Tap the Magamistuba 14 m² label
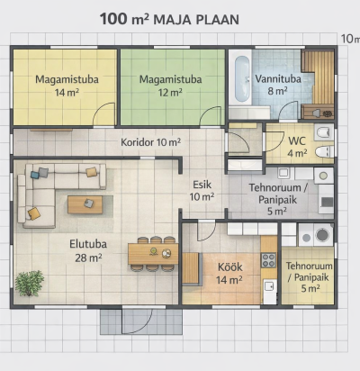[x=67, y=86]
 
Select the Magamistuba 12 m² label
[x=170, y=86]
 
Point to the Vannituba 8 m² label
[x=278, y=85]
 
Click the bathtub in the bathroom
[x=242, y=79]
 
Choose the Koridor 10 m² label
[x=150, y=142]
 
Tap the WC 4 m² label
[x=297, y=147]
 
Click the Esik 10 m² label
[x=202, y=191]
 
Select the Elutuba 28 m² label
[x=88, y=250]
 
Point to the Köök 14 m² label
[x=229, y=274]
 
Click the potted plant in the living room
[x=30, y=283]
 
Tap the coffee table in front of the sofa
[x=85, y=204]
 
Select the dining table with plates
[x=153, y=254]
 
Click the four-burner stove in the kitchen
[x=269, y=260]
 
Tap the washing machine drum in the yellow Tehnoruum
[x=321, y=235]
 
